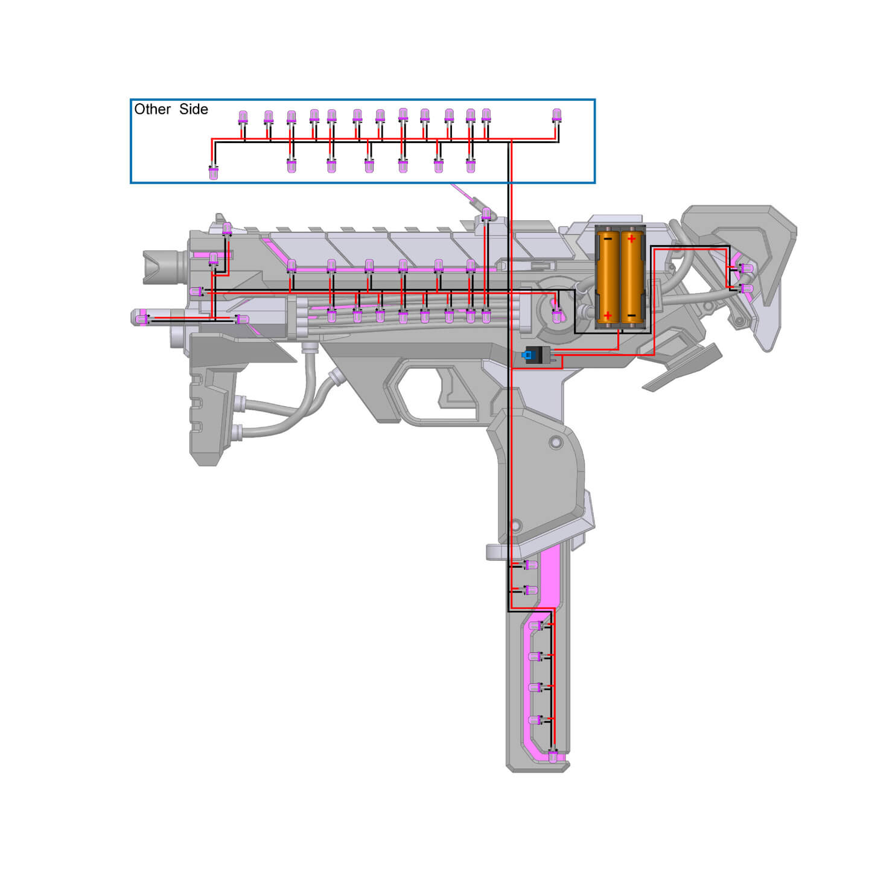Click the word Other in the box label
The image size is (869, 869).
click(x=152, y=109)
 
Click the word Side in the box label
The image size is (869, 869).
click(x=193, y=109)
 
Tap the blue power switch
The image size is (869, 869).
click(x=528, y=355)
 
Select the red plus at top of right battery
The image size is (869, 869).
click(x=631, y=239)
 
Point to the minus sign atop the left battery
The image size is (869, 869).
click(x=607, y=239)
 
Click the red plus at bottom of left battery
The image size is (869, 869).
click(x=607, y=316)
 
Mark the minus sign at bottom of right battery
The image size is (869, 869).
click(x=631, y=316)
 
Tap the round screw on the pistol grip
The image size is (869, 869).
click(x=555, y=443)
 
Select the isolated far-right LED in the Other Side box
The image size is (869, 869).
click(x=556, y=115)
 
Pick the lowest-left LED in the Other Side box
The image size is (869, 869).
click(x=213, y=173)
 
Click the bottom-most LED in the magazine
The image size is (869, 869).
click(x=553, y=757)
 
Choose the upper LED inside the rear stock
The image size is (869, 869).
click(x=746, y=268)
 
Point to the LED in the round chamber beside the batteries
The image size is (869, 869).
click(x=557, y=316)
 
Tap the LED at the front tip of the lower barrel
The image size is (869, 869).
click(x=142, y=319)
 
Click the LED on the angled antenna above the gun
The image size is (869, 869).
click(x=486, y=214)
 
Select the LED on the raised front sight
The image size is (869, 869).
click(x=227, y=229)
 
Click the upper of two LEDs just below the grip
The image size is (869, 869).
click(x=531, y=565)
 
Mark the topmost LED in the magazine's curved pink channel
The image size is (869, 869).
click(x=535, y=626)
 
